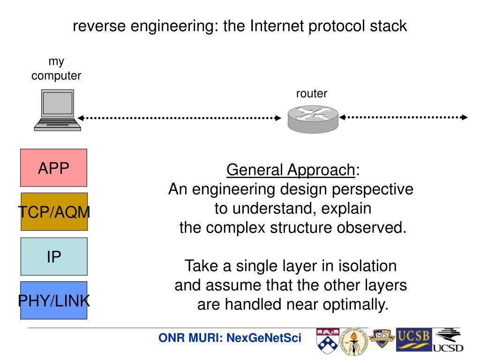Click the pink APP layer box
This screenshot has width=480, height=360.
click(x=53, y=167)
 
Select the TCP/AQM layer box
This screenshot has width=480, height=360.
click(x=54, y=211)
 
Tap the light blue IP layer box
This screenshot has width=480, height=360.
click(x=54, y=256)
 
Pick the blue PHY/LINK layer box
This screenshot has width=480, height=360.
click(x=54, y=300)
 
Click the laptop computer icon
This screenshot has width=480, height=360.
click(x=58, y=110)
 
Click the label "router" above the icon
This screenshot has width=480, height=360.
click(x=311, y=94)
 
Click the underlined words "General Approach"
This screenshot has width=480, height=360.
click(x=291, y=170)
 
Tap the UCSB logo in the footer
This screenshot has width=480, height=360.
click(x=412, y=339)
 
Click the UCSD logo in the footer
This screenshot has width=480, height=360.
click(x=448, y=341)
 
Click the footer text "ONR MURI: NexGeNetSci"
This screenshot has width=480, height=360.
click(x=230, y=338)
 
